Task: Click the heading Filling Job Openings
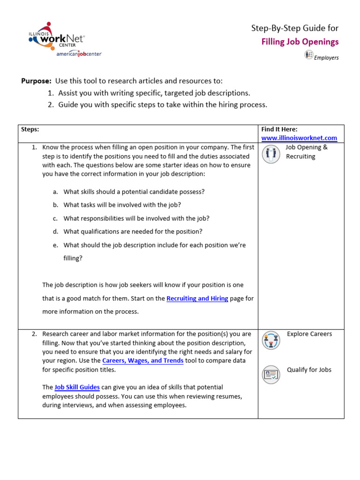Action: [300, 42]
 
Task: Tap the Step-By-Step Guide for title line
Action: [295, 28]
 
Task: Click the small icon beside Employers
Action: [308, 55]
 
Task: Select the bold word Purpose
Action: [36, 81]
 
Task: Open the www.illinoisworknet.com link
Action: [299, 138]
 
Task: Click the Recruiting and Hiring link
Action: [197, 298]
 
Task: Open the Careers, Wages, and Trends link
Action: [143, 360]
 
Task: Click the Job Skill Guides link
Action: [77, 387]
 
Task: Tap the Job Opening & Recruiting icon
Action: [270, 154]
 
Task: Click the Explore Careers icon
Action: [270, 340]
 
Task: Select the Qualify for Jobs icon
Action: [270, 374]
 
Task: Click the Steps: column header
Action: [30, 129]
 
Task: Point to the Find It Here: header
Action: [279, 129]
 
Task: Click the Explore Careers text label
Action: [309, 334]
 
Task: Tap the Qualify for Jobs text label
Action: [309, 370]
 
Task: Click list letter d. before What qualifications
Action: [55, 232]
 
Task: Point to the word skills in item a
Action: [89, 192]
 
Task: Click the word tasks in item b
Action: [89, 205]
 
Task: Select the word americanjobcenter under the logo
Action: [79, 54]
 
